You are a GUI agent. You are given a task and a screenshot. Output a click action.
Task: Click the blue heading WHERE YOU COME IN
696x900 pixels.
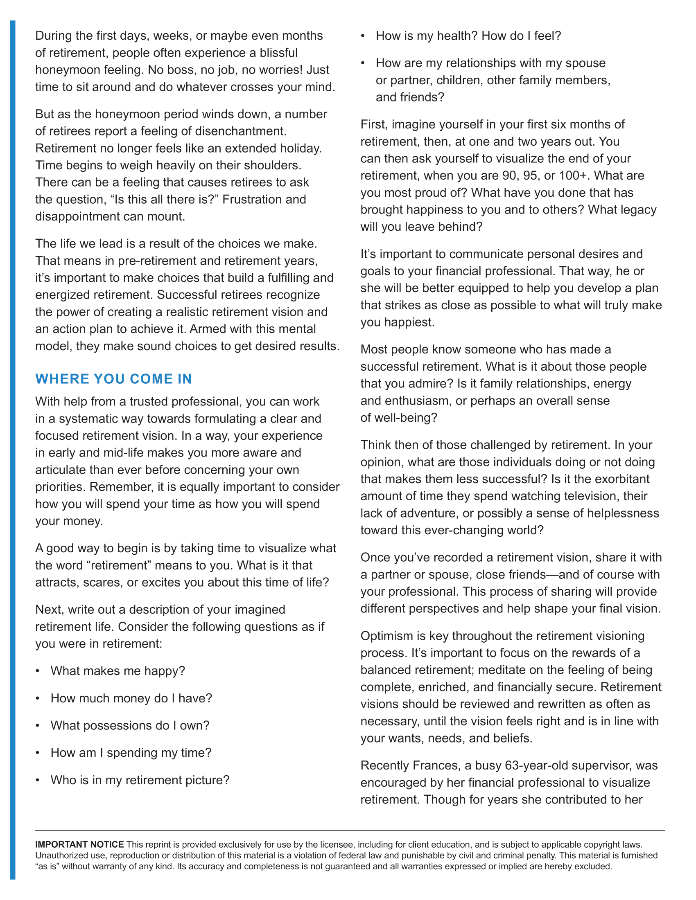pyautogui.click(x=113, y=379)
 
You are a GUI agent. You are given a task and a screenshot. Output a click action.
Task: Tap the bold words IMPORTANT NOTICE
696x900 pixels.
pyautogui.click(x=79, y=844)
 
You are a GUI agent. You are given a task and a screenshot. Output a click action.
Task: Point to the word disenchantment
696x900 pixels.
pyautogui.click(x=240, y=131)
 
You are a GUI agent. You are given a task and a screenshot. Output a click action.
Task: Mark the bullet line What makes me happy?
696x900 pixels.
pyautogui.click(x=118, y=671)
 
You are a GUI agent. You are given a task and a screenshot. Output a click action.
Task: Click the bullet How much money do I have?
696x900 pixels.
pyautogui.click(x=131, y=698)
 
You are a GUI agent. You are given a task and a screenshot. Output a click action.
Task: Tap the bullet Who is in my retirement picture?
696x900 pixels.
pyautogui.click(x=140, y=780)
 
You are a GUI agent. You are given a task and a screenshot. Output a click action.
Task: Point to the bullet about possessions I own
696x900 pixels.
pyautogui.click(x=130, y=725)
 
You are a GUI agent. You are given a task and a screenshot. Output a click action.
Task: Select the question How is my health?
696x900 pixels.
pyautogui.click(x=427, y=36)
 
